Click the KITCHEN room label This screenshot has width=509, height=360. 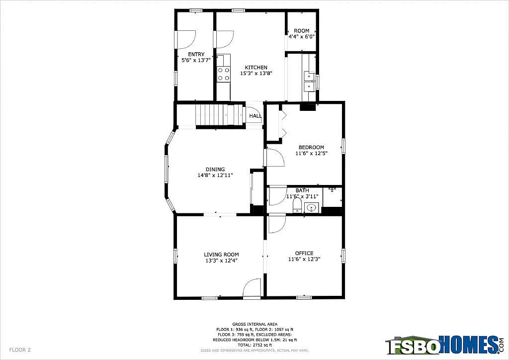point(256,68)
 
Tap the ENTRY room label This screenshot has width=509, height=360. point(196,55)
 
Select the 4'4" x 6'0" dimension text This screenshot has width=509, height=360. point(302,36)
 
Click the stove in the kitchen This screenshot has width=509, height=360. point(224,74)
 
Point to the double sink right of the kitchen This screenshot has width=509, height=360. point(309,81)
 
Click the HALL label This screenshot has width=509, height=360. point(255,116)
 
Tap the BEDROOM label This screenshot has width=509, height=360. point(311,147)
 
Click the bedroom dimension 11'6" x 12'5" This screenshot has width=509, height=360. point(311,154)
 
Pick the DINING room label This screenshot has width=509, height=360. point(215,170)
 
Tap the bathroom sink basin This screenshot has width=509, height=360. point(312,208)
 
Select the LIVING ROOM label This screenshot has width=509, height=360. point(221,254)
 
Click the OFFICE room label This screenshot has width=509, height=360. point(304,253)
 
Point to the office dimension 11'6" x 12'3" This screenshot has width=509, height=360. point(304,260)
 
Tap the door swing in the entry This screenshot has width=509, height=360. point(185,40)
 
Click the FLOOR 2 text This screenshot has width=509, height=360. point(20,350)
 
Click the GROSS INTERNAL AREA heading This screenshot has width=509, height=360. point(254,324)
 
